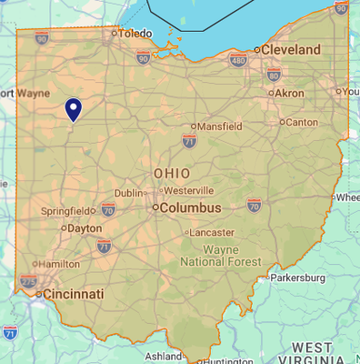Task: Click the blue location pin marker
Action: tap(74, 109)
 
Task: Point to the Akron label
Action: tap(289, 94)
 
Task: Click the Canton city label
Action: tap(301, 121)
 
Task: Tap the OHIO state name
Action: tap(172, 173)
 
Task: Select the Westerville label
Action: tap(189, 191)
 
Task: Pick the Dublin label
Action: tap(129, 193)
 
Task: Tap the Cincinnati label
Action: tap(74, 294)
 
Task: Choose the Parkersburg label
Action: tap(297, 277)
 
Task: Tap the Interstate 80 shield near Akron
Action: tap(274, 76)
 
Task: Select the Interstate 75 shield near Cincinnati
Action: tap(28, 282)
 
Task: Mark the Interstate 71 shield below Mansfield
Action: tap(189, 141)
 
